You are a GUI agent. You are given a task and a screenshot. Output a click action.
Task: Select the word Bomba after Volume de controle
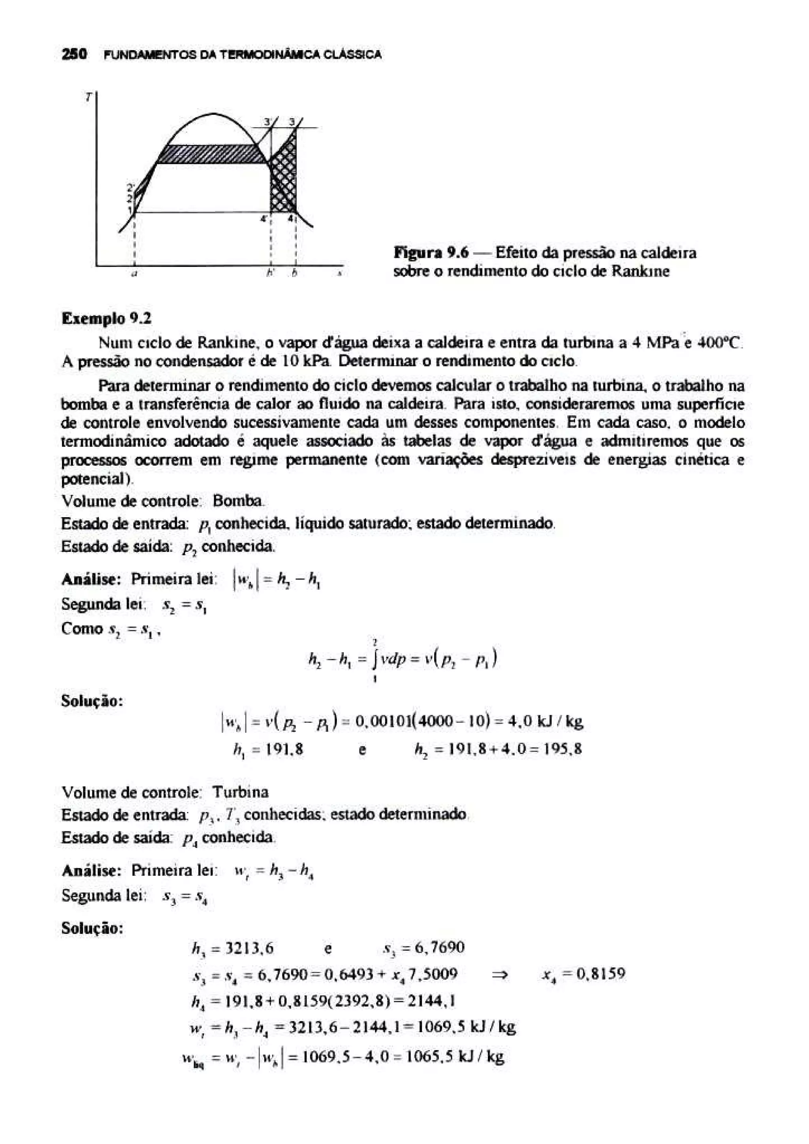[238, 501]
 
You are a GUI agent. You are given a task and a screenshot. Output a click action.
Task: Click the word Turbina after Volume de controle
[240, 792]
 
